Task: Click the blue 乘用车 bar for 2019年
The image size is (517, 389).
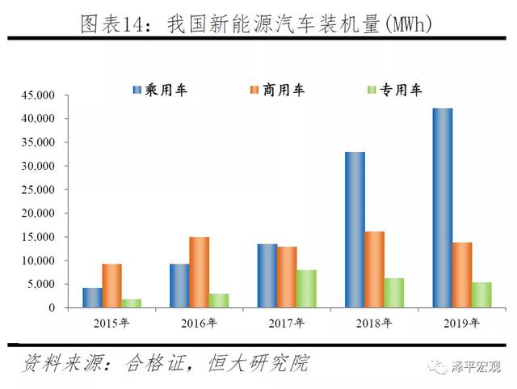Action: pyautogui.click(x=442, y=208)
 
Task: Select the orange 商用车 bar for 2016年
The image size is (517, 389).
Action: pyautogui.click(x=199, y=273)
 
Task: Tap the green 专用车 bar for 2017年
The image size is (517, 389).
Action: pyautogui.click(x=305, y=289)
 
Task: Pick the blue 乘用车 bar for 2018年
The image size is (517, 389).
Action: pyautogui.click(x=355, y=230)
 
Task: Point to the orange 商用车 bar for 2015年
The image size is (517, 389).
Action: pyautogui.click(x=111, y=285)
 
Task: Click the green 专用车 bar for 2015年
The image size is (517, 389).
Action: pyautogui.click(x=131, y=303)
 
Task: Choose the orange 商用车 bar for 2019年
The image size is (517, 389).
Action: pyautogui.click(x=462, y=275)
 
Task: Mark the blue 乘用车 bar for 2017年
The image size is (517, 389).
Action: pyautogui.click(x=267, y=276)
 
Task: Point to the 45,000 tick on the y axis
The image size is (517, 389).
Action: pyautogui.click(x=37, y=95)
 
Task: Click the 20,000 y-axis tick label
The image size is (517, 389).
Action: pyautogui.click(x=37, y=214)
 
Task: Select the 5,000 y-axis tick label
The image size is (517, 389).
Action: pyautogui.click(x=40, y=285)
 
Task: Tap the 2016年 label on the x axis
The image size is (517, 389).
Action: pyautogui.click(x=199, y=323)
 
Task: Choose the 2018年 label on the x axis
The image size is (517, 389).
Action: pyautogui.click(x=374, y=323)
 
